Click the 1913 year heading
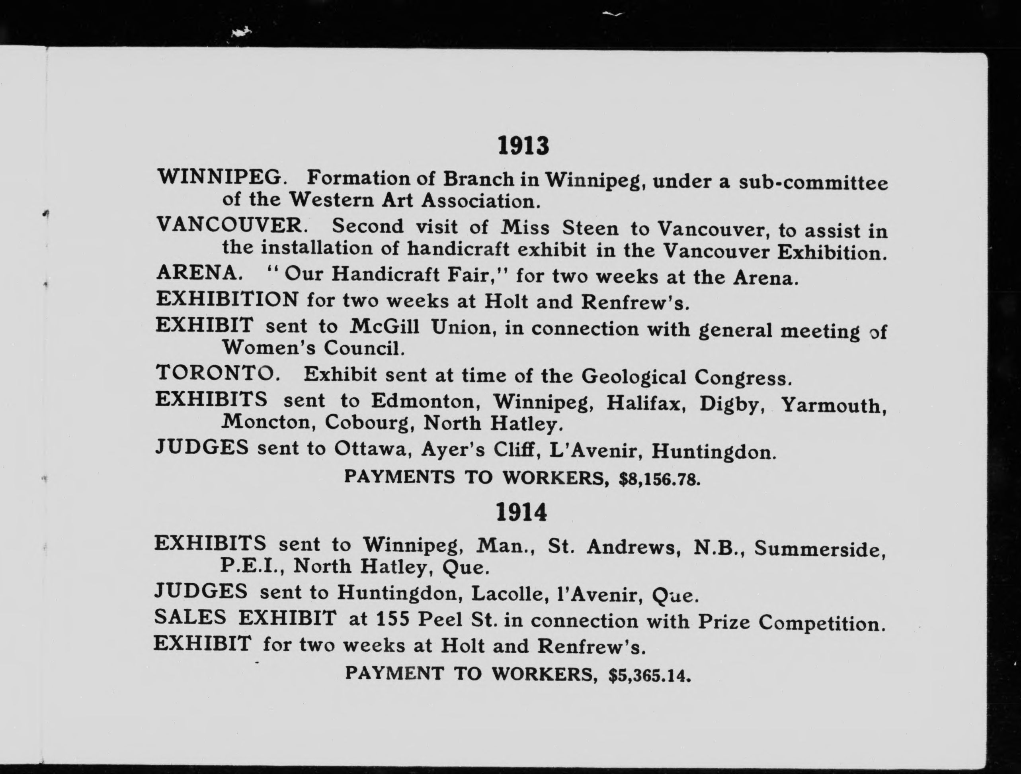[523, 146]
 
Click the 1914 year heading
[521, 512]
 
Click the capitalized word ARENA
[199, 273]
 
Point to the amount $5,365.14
[650, 676]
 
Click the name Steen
[590, 228]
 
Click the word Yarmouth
[833, 405]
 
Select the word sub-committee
[813, 182]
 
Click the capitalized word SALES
[190, 617]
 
